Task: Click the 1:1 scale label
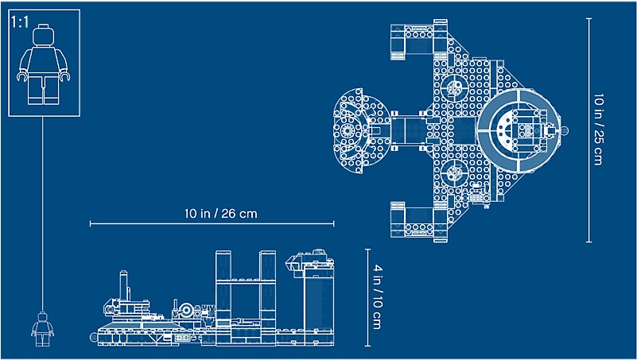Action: (21, 22)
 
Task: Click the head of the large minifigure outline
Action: (44, 35)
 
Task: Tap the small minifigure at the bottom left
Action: (43, 329)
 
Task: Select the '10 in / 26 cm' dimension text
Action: (220, 214)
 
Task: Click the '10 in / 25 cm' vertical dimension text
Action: (598, 130)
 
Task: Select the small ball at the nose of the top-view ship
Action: (565, 130)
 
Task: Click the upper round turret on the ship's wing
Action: (454, 87)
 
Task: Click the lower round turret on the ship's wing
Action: (454, 172)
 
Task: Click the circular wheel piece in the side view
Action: (186, 310)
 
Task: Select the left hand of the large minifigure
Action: (21, 76)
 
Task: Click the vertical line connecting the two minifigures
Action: (43, 214)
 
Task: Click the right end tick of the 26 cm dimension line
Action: (334, 223)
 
